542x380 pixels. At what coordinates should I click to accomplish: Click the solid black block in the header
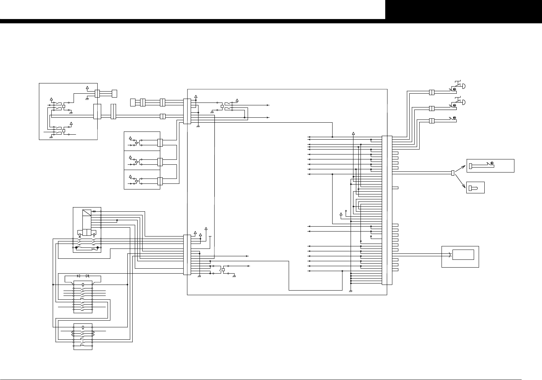point(463,10)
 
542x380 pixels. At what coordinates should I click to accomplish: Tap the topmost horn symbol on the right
point(460,86)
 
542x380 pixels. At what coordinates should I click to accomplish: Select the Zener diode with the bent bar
point(88,276)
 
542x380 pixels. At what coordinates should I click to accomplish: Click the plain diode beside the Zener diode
point(79,276)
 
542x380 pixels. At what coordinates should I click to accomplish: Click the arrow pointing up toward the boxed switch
point(461,168)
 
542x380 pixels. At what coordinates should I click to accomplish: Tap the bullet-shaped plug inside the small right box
point(473,188)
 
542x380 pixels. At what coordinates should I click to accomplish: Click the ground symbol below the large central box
point(351,291)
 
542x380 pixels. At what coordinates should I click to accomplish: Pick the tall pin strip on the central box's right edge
point(387,210)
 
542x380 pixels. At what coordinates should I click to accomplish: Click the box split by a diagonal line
point(87,213)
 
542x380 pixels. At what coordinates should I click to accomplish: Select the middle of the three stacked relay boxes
point(142,160)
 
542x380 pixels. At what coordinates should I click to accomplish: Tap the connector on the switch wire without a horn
point(432,121)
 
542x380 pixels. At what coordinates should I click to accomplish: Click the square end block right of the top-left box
point(114,94)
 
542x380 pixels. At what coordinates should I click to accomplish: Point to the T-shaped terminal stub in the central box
point(210,236)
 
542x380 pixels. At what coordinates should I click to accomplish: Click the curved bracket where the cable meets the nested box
point(450,255)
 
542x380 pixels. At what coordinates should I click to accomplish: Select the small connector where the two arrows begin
point(453,173)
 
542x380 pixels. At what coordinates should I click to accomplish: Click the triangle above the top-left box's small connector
point(88,87)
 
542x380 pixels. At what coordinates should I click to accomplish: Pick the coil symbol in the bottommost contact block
point(83,327)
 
